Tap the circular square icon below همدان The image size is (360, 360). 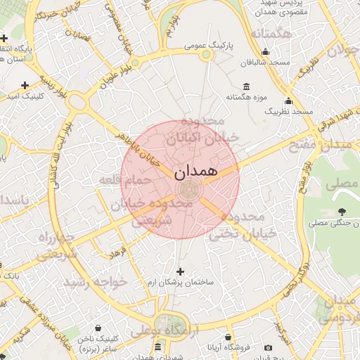point(188,189)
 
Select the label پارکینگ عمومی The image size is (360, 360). point(209,45)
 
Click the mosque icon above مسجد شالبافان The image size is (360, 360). point(265,51)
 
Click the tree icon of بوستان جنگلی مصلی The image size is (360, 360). point(342,212)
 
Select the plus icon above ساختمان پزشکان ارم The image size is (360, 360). point(181,271)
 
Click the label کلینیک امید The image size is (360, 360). point(25,95)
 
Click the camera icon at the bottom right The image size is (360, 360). point(268,347)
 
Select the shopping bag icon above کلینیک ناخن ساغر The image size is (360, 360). point(96,328)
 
